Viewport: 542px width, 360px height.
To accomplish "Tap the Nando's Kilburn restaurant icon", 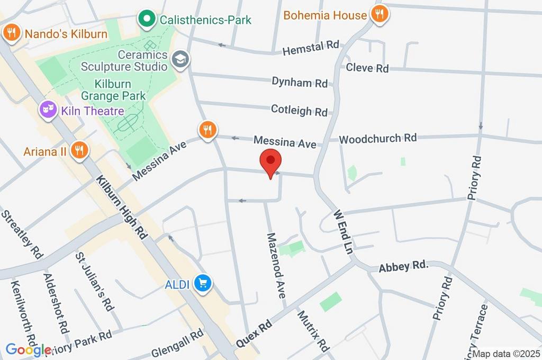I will point(11,33).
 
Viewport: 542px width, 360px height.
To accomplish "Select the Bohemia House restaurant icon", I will point(379,15).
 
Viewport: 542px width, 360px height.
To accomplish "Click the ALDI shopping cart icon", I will point(202,284).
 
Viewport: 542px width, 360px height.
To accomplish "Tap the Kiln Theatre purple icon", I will point(49,110).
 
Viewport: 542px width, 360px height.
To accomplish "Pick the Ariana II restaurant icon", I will point(80,150).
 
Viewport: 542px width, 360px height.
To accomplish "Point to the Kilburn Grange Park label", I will point(113,90).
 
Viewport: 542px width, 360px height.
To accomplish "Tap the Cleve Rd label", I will point(367,68).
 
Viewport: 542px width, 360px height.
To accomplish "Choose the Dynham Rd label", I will point(300,82).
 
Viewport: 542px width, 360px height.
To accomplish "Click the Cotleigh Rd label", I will point(299,111).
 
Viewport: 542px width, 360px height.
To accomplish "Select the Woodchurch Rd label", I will point(378,139).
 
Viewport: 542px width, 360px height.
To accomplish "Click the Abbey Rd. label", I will point(403,266).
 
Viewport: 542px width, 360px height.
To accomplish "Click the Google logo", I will point(29,349).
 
